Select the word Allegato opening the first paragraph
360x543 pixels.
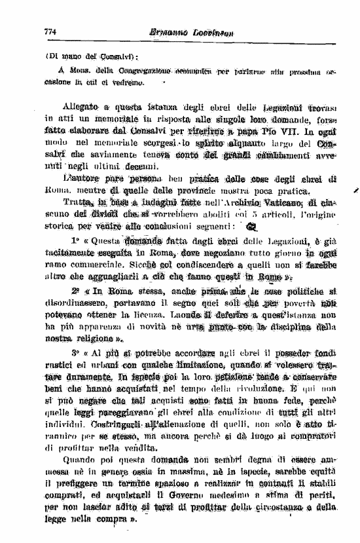[x=81, y=105]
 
